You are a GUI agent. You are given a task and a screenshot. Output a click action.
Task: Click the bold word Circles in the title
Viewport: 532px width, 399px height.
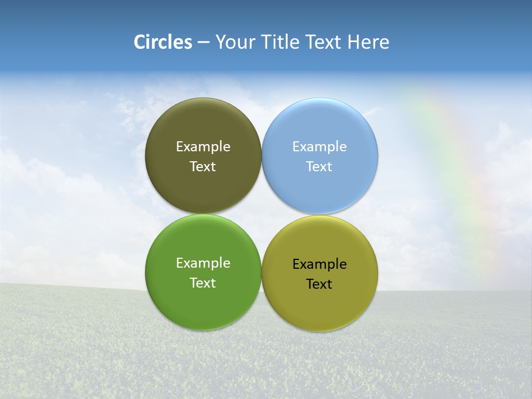click(163, 42)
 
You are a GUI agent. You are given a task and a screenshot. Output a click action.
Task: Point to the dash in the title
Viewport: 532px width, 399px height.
click(203, 43)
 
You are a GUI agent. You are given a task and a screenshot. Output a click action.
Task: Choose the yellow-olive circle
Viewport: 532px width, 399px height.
click(320, 305)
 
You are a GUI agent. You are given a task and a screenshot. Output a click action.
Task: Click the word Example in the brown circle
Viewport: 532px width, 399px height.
click(203, 146)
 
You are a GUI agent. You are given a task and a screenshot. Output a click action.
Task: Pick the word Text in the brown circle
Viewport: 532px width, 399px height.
click(203, 166)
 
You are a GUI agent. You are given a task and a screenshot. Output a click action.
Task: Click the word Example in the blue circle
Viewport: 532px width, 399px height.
click(320, 146)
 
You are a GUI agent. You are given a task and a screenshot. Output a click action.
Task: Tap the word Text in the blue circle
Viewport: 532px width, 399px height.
click(320, 166)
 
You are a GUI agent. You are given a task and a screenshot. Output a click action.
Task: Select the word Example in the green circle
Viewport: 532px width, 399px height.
click(203, 263)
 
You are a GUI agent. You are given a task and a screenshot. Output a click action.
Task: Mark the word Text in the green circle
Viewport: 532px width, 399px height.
click(203, 283)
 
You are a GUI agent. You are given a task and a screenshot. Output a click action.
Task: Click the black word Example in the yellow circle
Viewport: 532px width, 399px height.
click(320, 264)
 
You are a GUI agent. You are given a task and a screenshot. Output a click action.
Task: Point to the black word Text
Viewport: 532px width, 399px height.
click(320, 284)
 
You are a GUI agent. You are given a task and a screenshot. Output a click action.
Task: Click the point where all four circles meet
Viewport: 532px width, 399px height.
click(262, 214)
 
